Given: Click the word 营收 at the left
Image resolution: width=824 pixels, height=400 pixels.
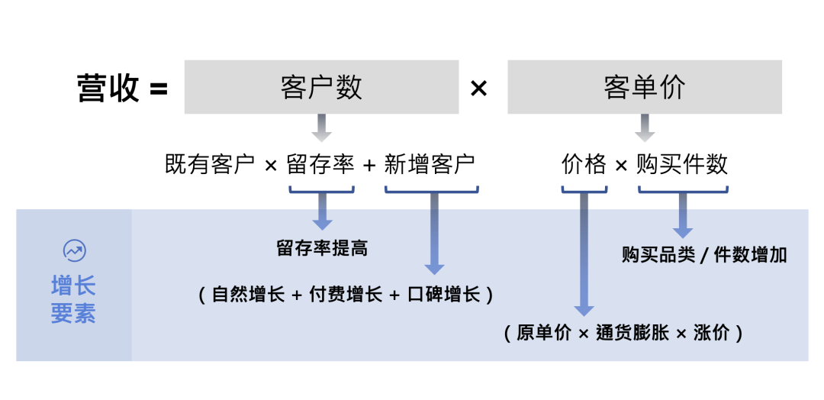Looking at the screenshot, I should tap(108, 89).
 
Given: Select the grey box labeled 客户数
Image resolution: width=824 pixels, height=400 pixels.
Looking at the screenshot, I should tap(321, 87).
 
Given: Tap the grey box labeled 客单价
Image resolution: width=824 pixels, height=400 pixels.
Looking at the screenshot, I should tap(645, 87).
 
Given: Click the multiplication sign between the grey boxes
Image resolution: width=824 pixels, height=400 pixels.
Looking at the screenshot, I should tap(478, 89).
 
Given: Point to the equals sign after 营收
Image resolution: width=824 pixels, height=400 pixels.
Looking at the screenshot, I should tap(158, 89).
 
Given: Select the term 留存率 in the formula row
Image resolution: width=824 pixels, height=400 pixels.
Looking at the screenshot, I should tap(320, 164).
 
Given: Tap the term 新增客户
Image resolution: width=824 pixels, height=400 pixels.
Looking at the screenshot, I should tap(430, 164).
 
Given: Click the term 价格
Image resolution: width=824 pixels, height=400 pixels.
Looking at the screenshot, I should tap(584, 164).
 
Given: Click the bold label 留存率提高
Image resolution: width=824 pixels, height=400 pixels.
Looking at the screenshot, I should tap(322, 248).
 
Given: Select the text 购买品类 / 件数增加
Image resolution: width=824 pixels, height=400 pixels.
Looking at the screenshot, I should tap(703, 255).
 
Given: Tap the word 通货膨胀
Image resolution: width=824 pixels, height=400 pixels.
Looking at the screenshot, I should tap(634, 333).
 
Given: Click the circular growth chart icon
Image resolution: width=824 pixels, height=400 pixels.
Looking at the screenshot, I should tap(74, 250).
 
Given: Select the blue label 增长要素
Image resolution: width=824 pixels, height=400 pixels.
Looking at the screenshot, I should tap(73, 300).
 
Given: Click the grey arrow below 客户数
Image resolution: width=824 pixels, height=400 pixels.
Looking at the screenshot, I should tap(322, 127).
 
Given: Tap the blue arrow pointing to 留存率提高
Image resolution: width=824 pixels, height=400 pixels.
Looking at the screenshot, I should tap(323, 211).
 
